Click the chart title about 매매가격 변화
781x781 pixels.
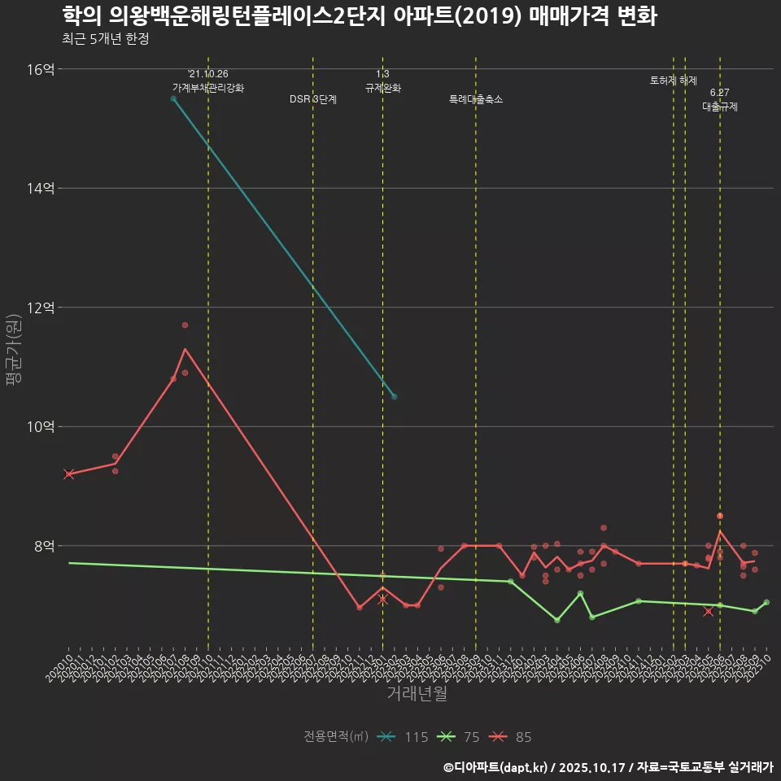359,16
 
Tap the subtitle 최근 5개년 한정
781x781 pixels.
105,39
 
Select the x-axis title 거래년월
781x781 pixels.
416,694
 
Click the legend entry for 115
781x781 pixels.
404,737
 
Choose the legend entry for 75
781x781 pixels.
460,737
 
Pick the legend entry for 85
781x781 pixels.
512,737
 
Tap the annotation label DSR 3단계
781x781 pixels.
313,99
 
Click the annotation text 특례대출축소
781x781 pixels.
476,99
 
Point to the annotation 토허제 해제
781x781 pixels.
674,81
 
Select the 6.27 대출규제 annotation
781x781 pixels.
720,100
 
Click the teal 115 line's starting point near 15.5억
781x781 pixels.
173,98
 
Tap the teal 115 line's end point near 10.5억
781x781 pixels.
395,396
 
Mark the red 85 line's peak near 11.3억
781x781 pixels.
185,349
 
